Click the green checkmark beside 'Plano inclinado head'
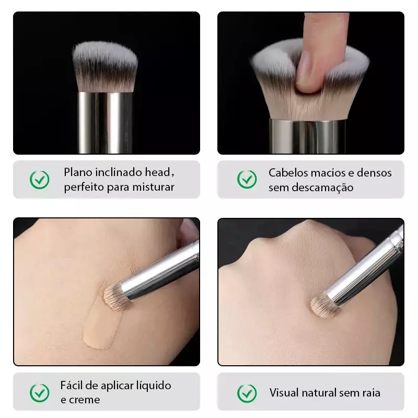point(40,180)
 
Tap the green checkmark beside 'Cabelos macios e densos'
point(247,179)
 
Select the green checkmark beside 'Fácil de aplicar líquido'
point(40,393)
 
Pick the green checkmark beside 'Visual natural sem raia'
point(247,393)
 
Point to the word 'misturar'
point(153,187)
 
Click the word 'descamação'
point(322,188)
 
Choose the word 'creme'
point(84,400)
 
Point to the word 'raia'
point(371,393)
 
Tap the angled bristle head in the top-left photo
point(105,66)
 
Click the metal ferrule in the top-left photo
point(105,123)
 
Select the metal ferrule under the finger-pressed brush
point(308,136)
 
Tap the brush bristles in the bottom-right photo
point(322,305)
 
